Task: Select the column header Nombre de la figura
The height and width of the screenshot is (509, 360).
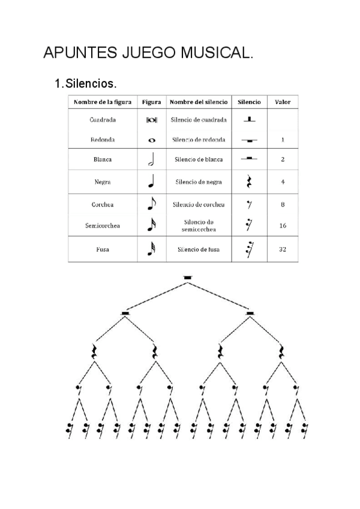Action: pos(102,102)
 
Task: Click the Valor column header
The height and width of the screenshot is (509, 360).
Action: pos(283,102)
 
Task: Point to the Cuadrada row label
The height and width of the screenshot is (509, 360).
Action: pos(102,119)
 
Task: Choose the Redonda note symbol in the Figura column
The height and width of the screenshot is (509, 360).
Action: pos(151,140)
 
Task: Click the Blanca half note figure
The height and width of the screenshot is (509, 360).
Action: pos(151,160)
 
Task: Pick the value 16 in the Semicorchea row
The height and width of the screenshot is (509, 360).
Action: pos(283,226)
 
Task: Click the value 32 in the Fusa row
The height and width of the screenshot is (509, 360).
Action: pos(283,249)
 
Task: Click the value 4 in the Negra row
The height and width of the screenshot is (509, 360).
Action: pos(283,182)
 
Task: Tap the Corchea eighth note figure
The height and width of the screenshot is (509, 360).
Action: pos(151,204)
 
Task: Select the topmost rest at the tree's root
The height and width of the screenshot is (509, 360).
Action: pos(188,277)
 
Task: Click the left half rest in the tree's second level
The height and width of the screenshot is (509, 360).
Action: pos(125,313)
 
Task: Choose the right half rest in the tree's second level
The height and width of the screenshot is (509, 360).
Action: pos(250,313)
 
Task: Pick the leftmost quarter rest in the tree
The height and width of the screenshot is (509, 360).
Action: pos(94,351)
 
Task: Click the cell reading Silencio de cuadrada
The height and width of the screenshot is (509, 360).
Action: pos(199,119)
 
